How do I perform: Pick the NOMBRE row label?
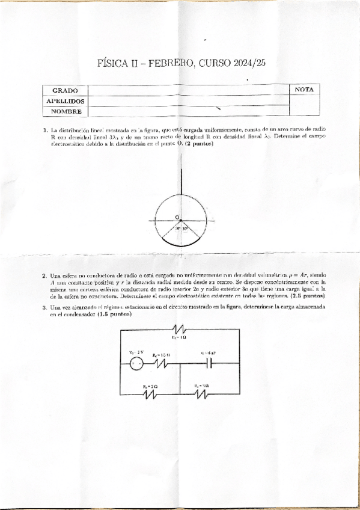tap(66, 111)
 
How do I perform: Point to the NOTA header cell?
tap(305, 90)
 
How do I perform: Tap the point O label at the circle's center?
tap(177, 217)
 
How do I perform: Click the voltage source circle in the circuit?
tap(136, 363)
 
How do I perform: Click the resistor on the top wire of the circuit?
tap(180, 330)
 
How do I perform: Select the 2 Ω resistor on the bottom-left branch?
tap(150, 395)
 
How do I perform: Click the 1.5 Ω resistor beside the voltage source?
tap(161, 363)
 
